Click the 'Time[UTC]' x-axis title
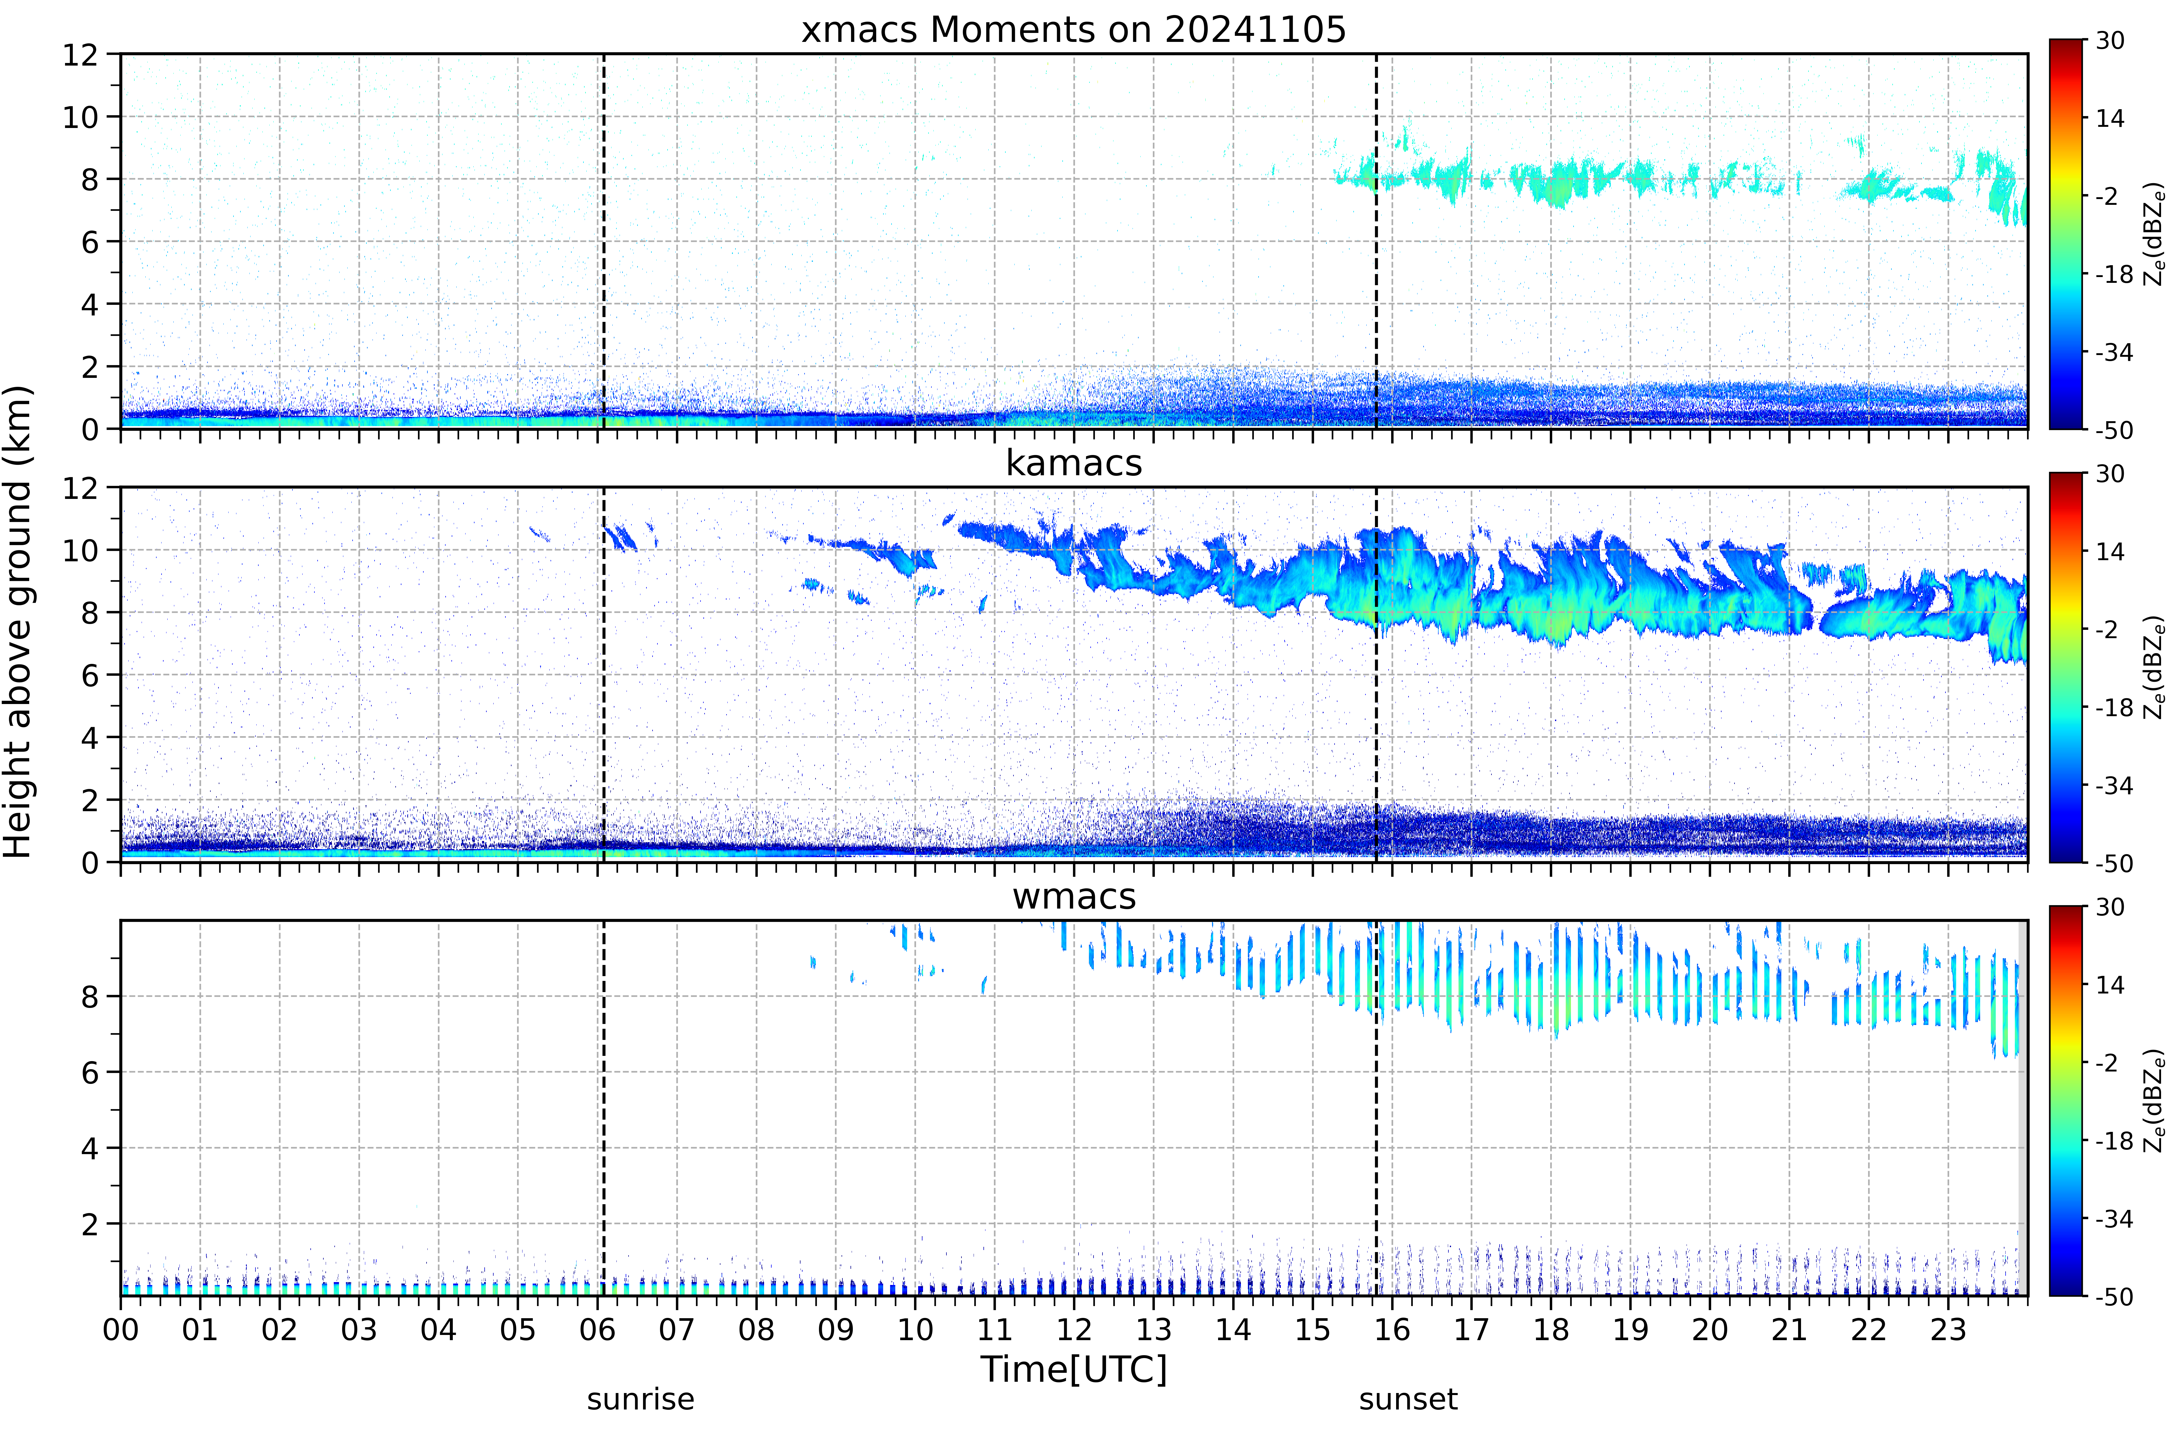pos(1074,1370)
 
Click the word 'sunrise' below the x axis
pos(641,1400)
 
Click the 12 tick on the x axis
pos(1074,1329)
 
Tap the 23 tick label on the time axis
pos(1948,1329)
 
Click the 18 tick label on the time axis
pos(1550,1329)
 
